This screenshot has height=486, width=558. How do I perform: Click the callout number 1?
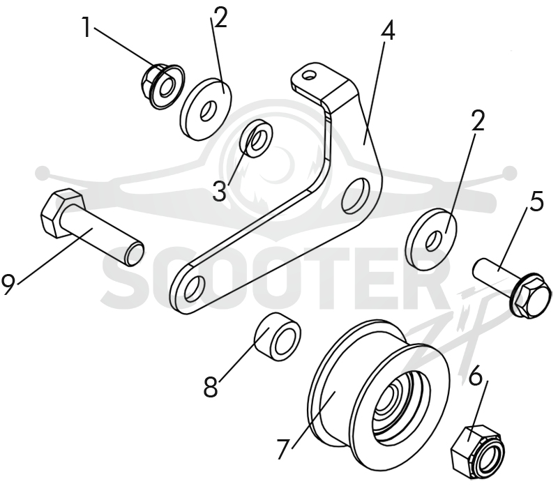pyautogui.click(x=86, y=27)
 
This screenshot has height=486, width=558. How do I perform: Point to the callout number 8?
pyautogui.click(x=211, y=387)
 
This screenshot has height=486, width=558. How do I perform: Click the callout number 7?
pyautogui.click(x=282, y=449)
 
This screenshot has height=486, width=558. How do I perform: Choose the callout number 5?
pyautogui.click(x=536, y=201)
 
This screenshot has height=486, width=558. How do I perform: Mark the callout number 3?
pyautogui.click(x=220, y=190)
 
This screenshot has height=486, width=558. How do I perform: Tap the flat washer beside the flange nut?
pyautogui.click(x=206, y=109)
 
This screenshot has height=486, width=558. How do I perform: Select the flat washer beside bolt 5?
pyautogui.click(x=432, y=239)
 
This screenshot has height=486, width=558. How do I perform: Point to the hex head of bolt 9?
pyautogui.click(x=61, y=213)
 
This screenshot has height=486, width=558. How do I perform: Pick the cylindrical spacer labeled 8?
pyautogui.click(x=278, y=337)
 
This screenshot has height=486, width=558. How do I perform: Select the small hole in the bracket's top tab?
pyautogui.click(x=310, y=75)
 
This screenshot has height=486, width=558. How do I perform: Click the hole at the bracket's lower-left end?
pyautogui.click(x=195, y=288)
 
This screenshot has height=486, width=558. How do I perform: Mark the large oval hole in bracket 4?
pyautogui.click(x=356, y=195)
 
